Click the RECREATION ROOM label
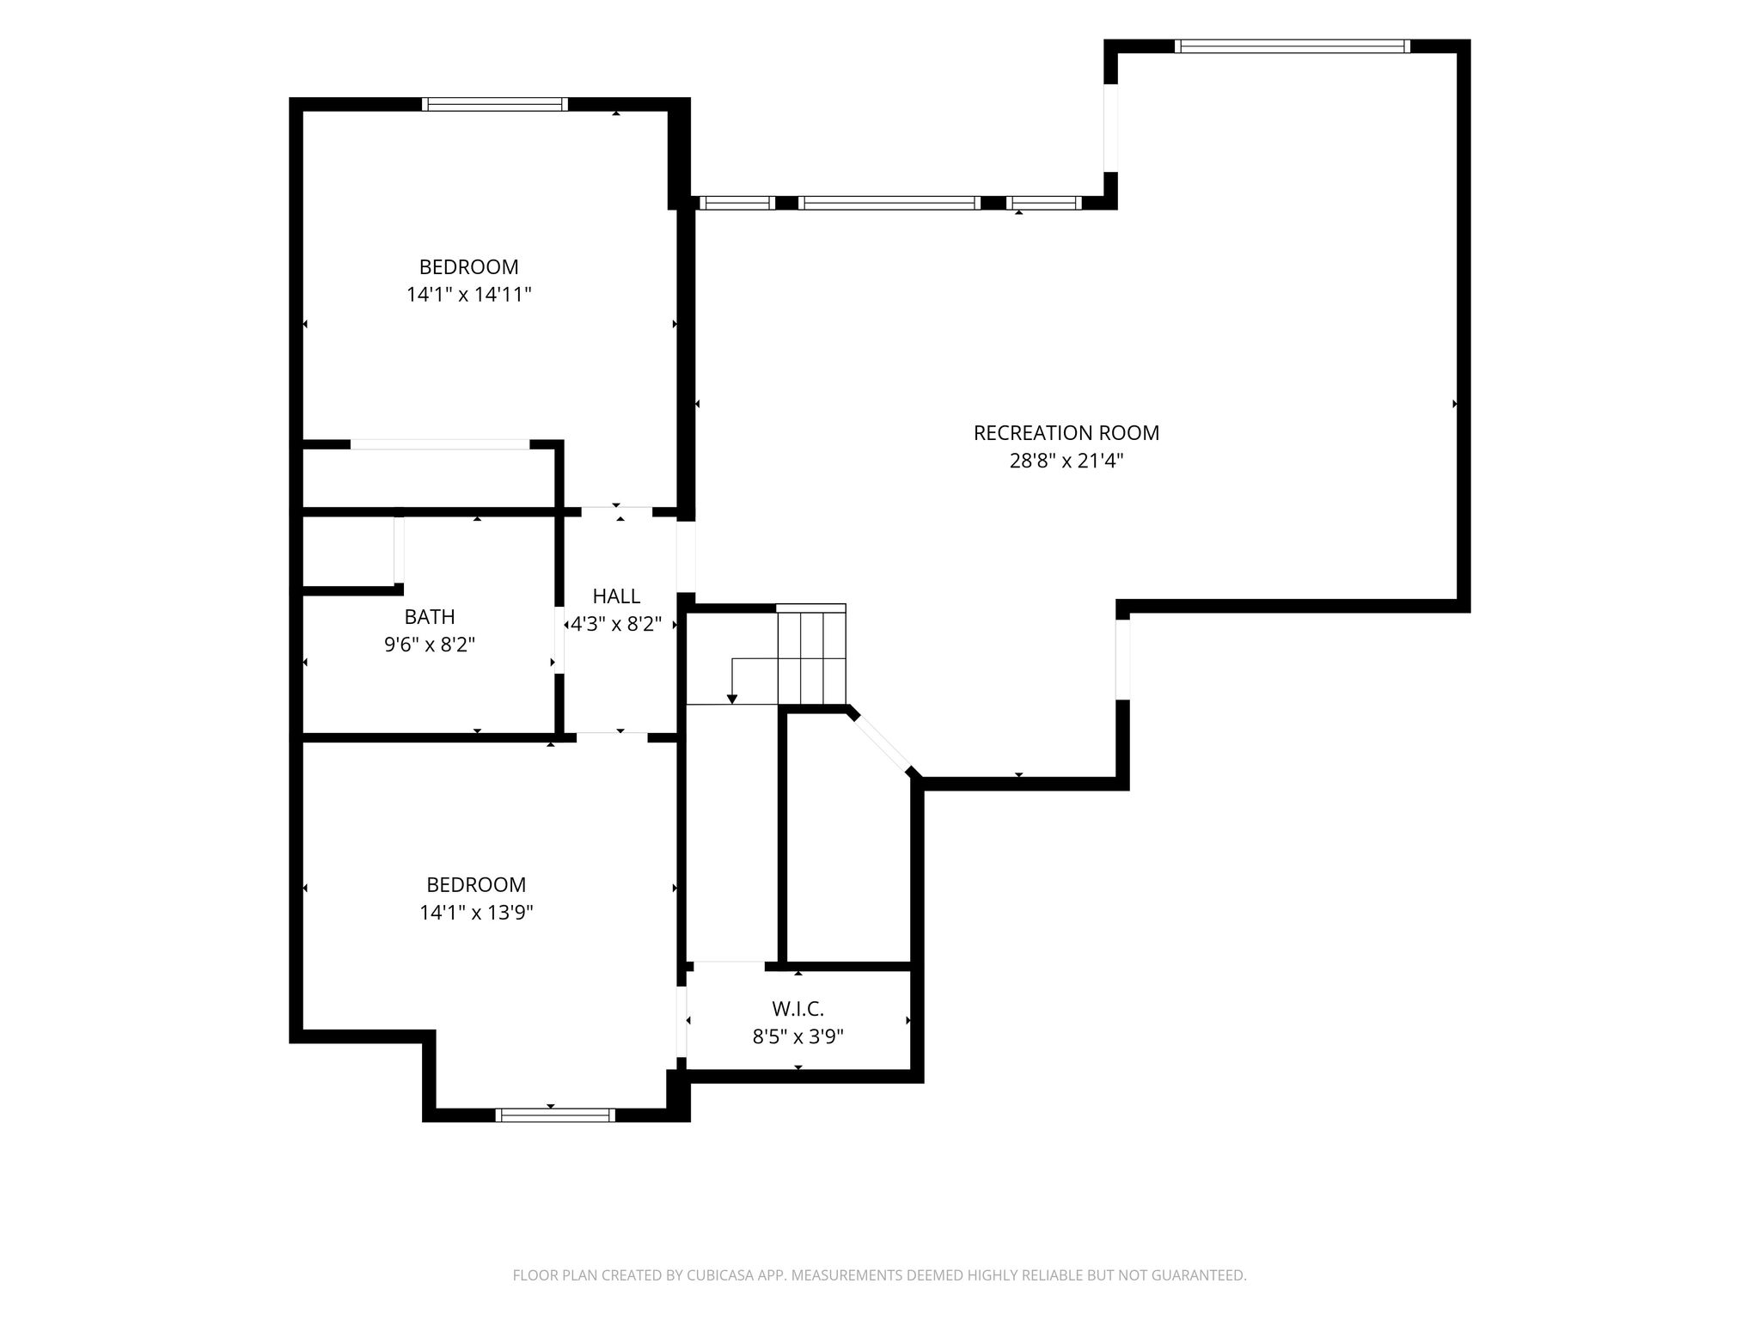1066,433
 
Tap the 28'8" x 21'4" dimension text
1066,461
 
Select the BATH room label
430,617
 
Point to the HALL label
616,596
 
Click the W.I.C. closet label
797,1009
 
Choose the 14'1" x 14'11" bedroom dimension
469,295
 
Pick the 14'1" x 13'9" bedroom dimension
476,913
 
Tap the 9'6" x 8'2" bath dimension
430,645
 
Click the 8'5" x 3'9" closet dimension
798,1037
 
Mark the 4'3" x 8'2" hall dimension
616,624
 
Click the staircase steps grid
811,653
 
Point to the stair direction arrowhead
731,699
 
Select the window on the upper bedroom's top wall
495,104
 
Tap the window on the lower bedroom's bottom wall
556,1115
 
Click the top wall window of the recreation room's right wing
1292,46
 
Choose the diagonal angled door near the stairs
883,742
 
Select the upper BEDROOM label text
469,267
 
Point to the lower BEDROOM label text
476,885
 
